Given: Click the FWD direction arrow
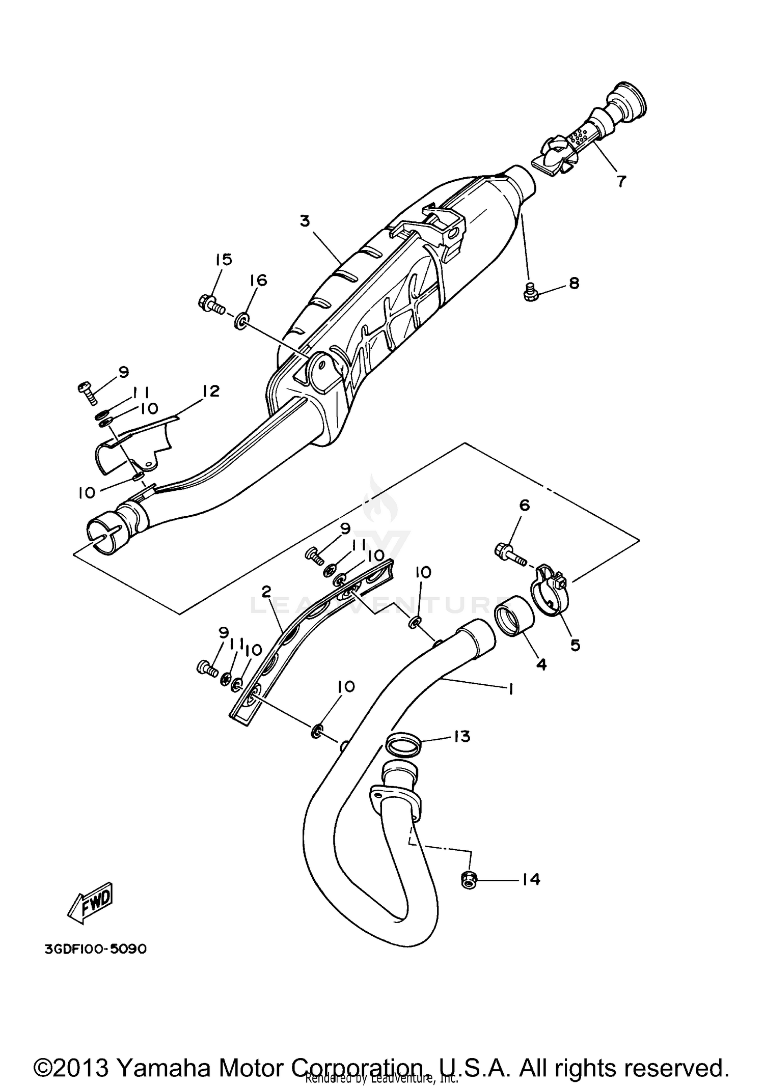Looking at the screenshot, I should coord(92,904).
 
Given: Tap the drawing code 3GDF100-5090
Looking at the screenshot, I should coord(96,949).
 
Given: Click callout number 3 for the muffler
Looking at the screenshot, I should coord(305,221).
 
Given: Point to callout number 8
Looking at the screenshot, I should coord(574,283).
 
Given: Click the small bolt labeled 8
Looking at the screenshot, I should coord(529,292).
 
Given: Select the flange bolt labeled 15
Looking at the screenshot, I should coord(210,304).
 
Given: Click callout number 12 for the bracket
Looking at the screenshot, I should coord(210,391).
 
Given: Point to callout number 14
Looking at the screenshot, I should coord(531,879).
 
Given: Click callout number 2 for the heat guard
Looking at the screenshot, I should coord(266,592).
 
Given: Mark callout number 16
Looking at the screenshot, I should coord(258,280).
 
